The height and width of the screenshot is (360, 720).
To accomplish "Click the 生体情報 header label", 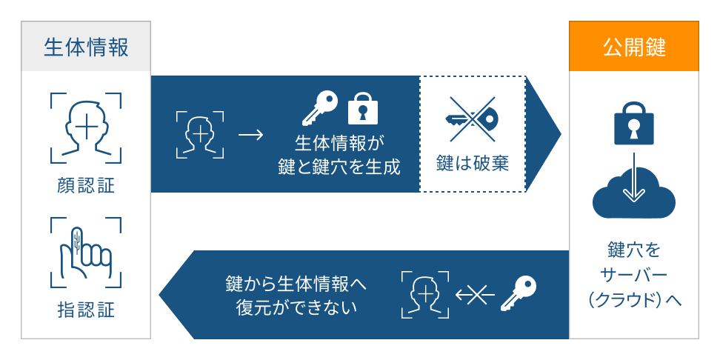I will click(86, 47).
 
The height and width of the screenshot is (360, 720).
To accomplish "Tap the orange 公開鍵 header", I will click(633, 47).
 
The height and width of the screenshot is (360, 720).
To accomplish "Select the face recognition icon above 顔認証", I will click(86, 127).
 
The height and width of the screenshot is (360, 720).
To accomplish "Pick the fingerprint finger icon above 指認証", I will click(86, 252).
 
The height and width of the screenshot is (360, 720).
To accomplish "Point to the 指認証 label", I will click(86, 309).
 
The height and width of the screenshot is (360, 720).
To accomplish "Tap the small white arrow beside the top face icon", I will click(250, 136).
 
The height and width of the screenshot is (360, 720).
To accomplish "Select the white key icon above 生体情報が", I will click(320, 108).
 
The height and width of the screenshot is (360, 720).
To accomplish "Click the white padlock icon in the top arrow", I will click(363, 108).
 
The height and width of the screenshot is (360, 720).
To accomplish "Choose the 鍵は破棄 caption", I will click(473, 164).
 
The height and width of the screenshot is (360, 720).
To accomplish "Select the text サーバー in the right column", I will click(633, 274).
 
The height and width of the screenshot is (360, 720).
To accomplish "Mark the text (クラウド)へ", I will click(633, 300).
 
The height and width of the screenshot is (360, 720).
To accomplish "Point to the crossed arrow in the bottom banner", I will click(475, 296).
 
